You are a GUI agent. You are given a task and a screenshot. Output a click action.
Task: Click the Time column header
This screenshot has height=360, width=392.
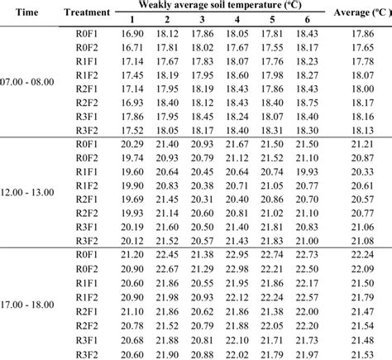click(x=23, y=12)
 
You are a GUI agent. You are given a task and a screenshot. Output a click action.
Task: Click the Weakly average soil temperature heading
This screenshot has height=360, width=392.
click(x=218, y=6)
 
